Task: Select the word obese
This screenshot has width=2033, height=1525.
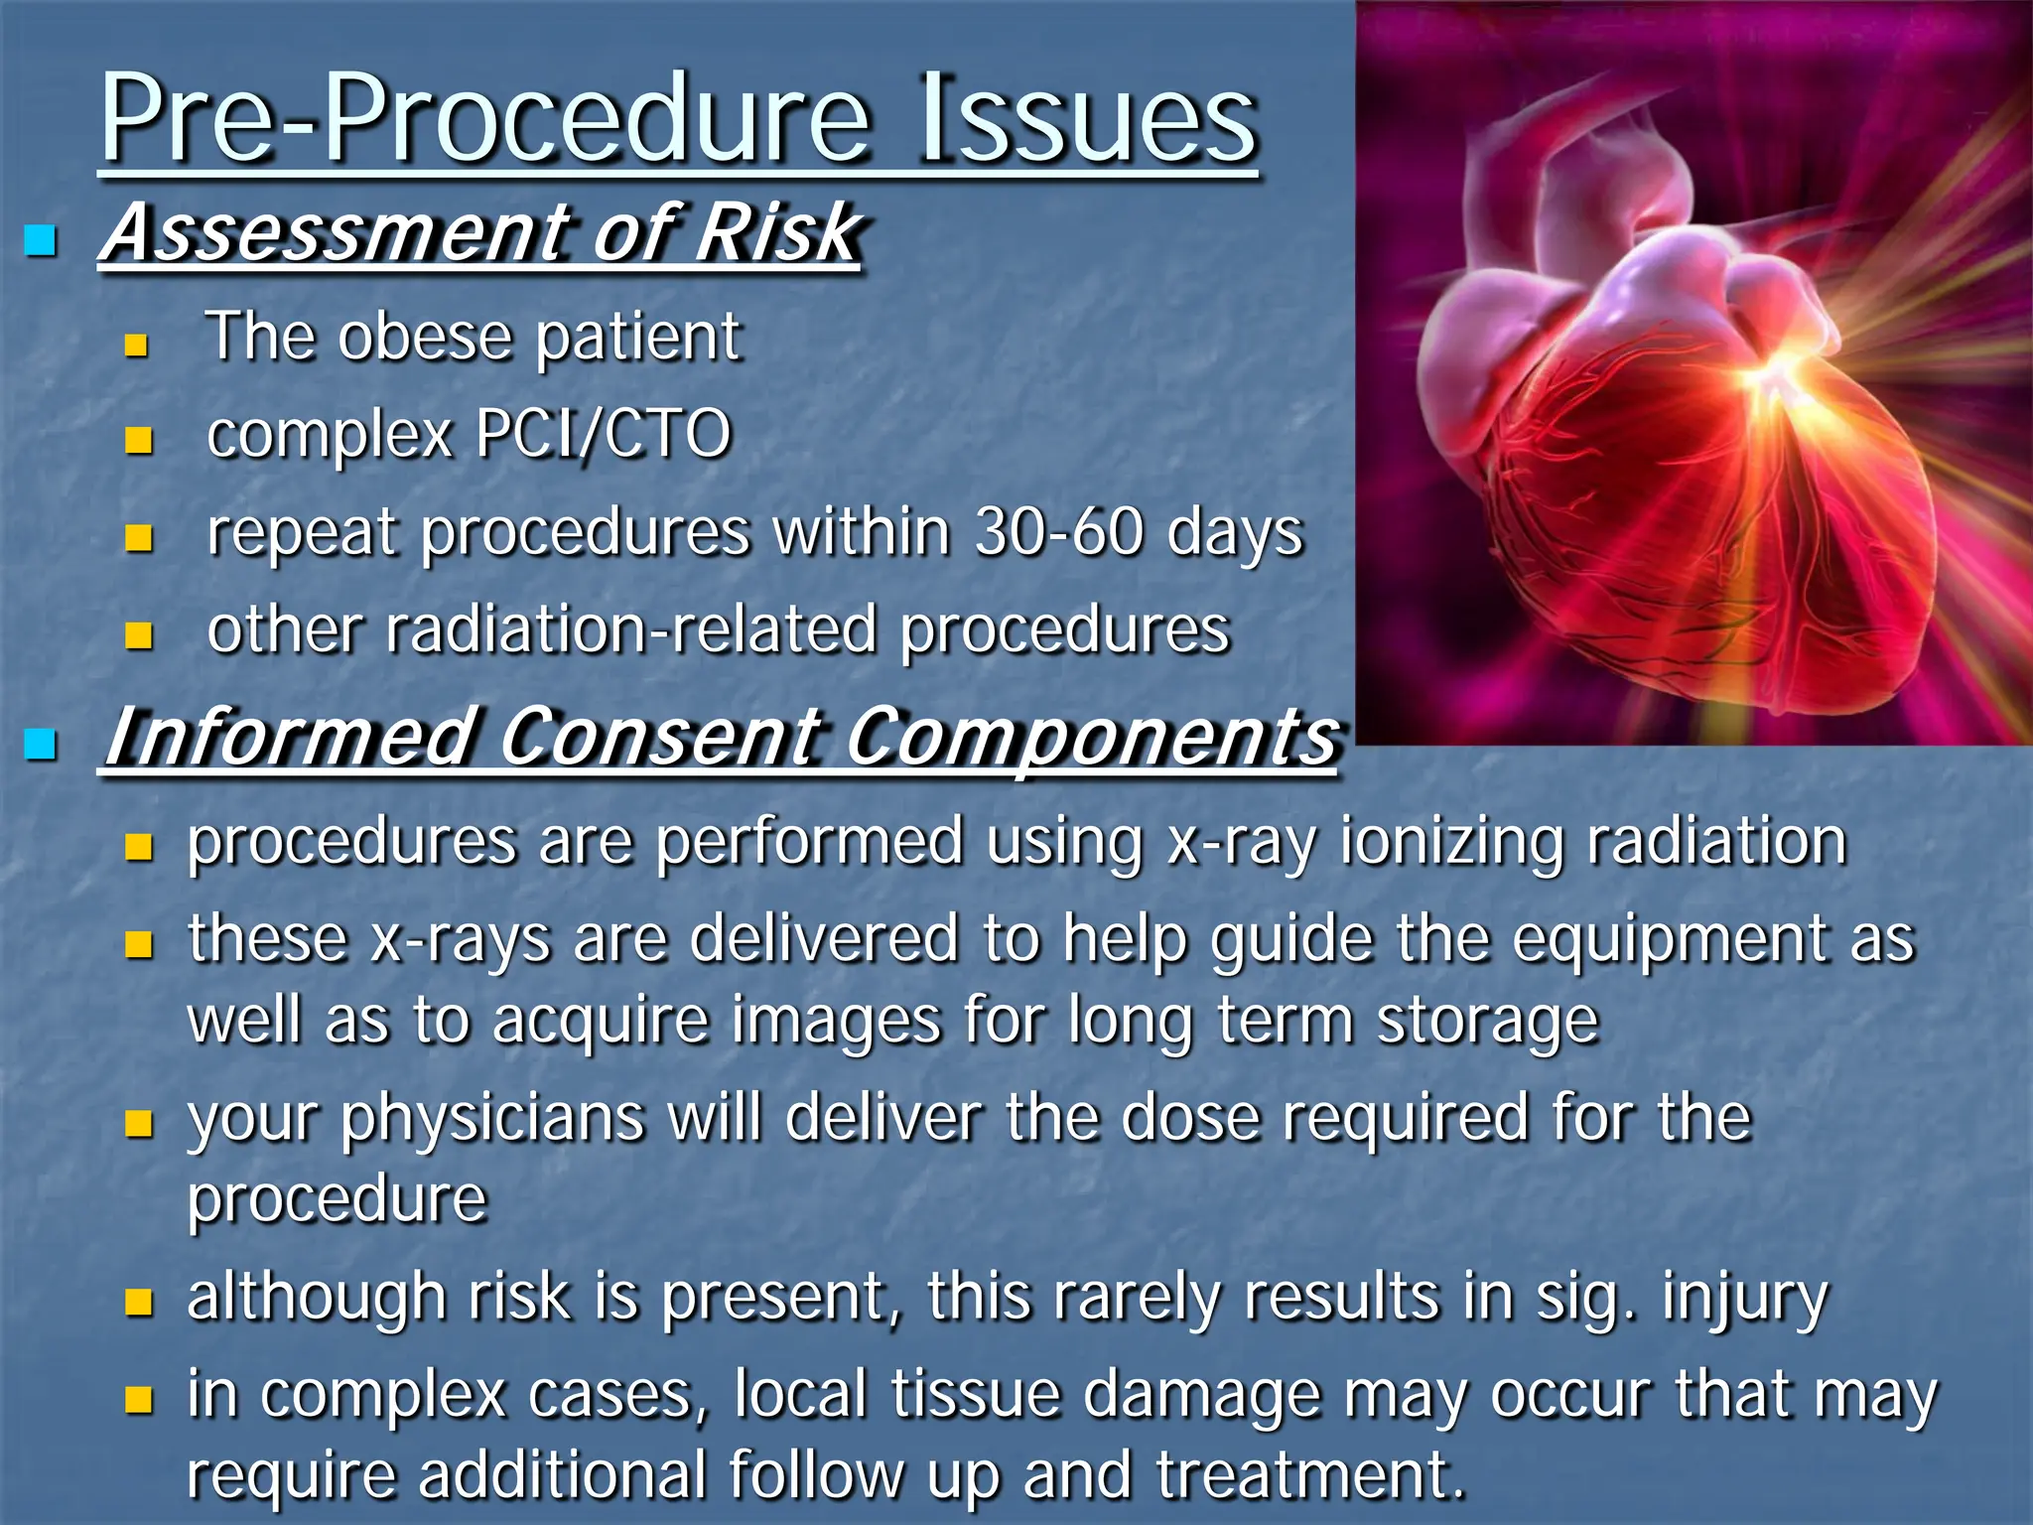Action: [425, 338]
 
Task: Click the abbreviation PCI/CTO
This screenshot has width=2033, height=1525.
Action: [603, 434]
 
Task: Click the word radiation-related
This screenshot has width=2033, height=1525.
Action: [631, 630]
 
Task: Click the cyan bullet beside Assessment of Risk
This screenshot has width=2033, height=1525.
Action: [41, 240]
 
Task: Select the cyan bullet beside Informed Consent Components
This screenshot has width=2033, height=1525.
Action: [41, 744]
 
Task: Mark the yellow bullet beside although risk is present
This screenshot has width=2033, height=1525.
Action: [139, 1302]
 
